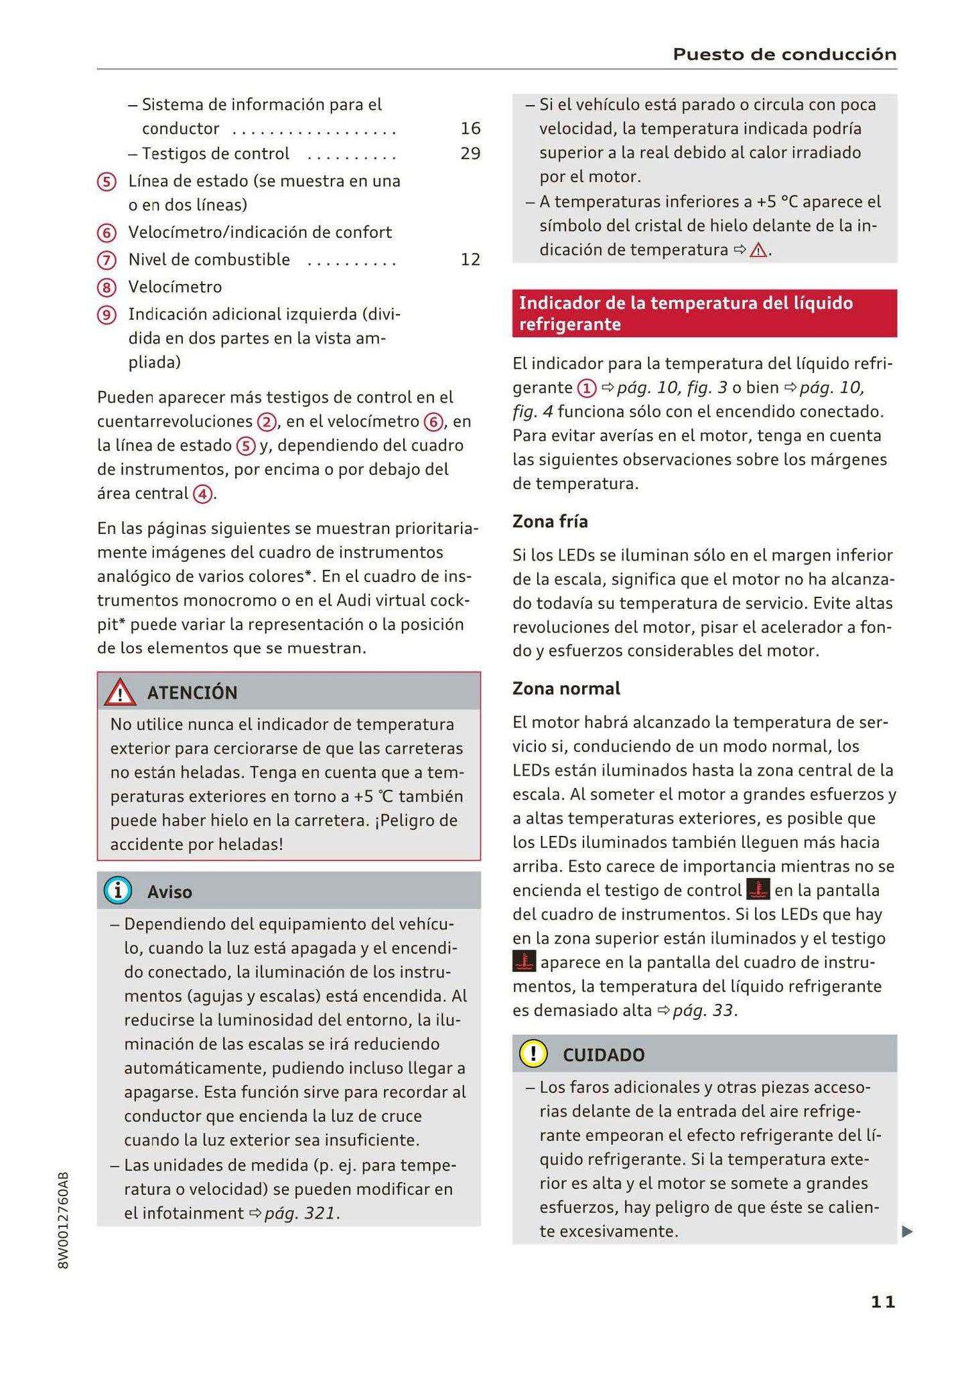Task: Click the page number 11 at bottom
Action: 882,1301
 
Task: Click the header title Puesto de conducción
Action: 784,54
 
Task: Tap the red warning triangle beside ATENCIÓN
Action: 120,693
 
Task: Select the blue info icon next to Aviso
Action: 118,891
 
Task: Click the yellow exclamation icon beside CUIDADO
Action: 533,1054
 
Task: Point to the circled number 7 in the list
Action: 107,260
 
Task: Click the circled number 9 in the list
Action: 107,315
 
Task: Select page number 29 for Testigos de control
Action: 470,153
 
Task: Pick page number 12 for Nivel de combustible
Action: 470,259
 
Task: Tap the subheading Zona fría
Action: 550,520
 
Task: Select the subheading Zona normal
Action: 566,688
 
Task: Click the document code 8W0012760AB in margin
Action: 64,1220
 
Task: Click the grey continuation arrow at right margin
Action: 906,1231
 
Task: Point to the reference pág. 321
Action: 301,1213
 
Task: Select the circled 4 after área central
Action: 202,494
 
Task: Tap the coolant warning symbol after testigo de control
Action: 758,890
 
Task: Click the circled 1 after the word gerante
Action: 586,388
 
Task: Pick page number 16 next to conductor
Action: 470,128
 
